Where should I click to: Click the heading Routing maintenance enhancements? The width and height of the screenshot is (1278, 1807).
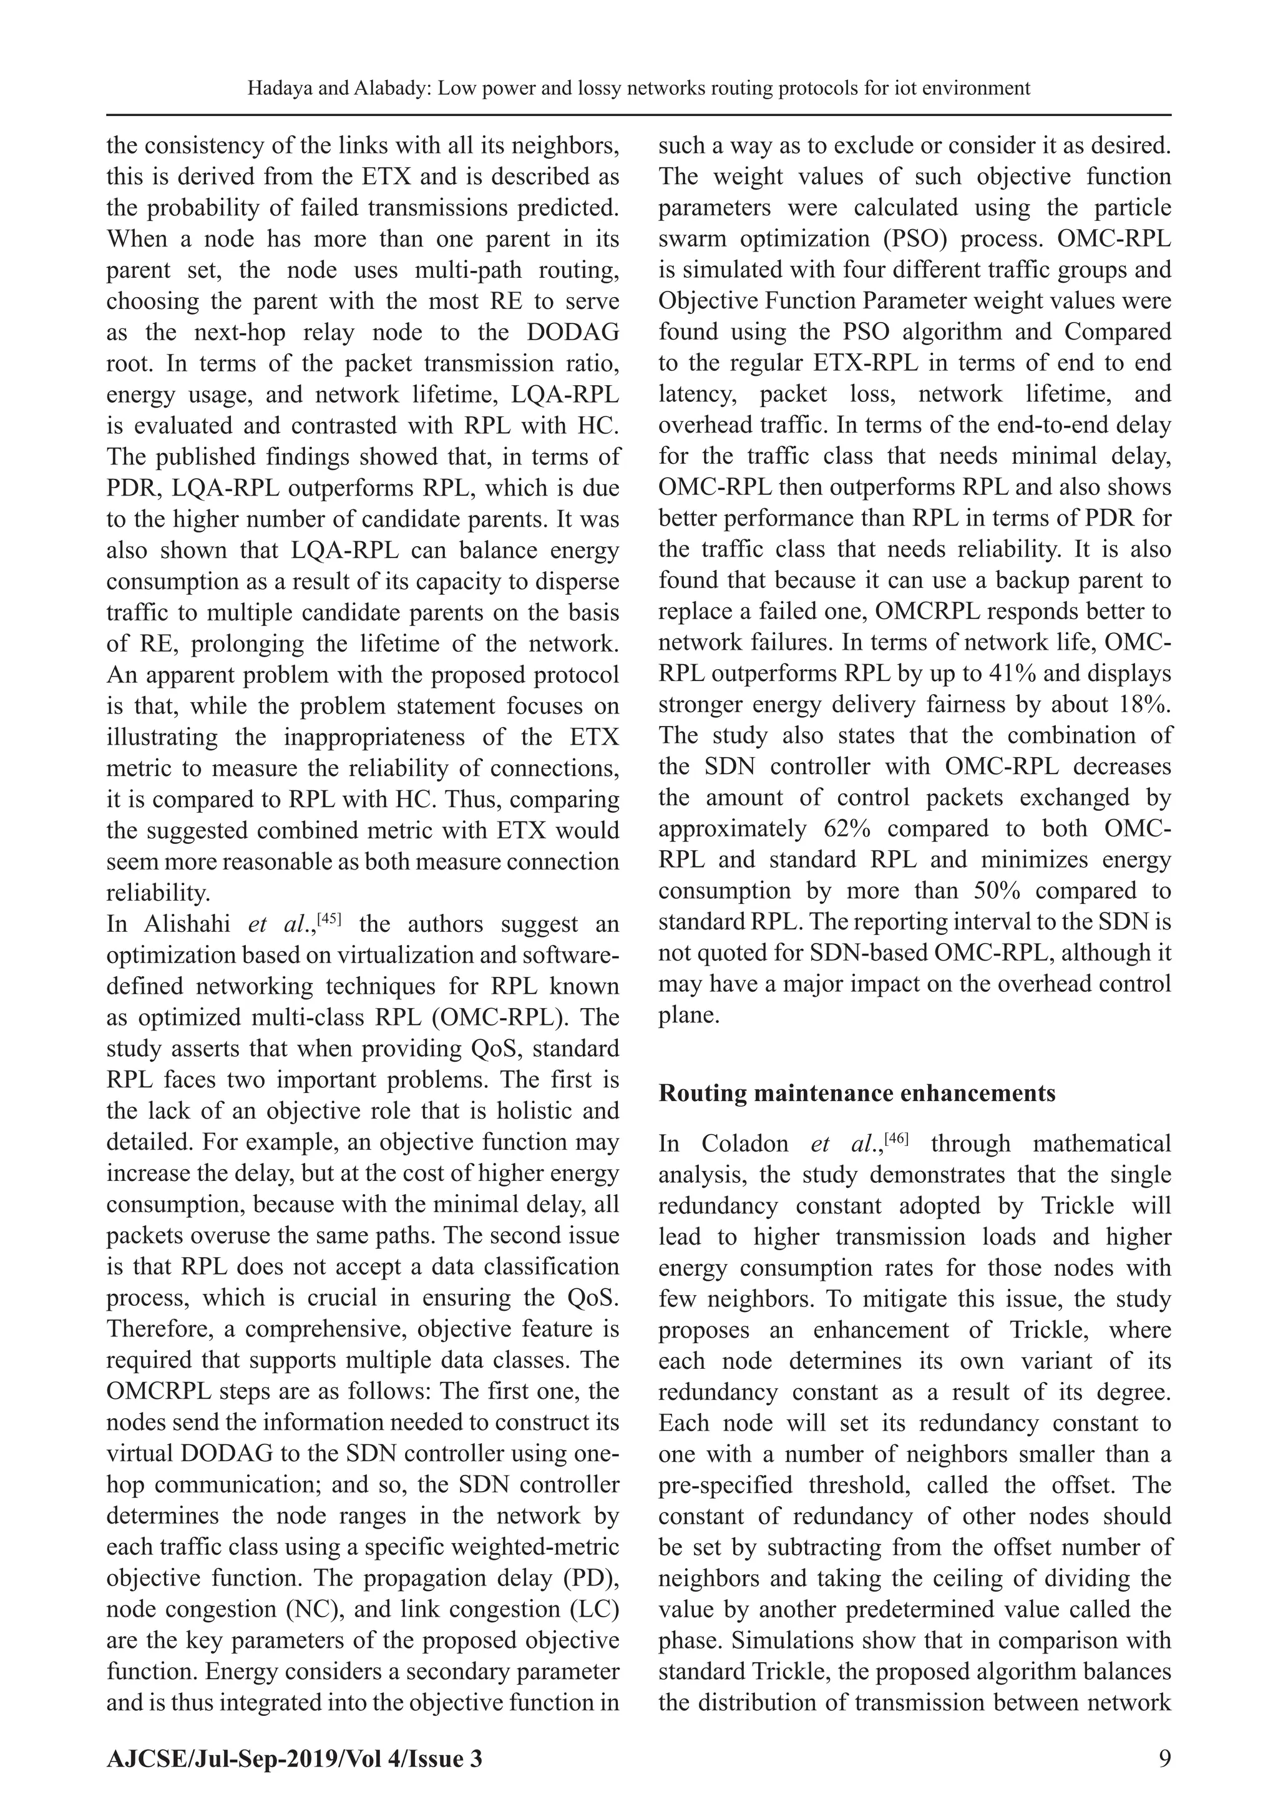(x=856, y=1093)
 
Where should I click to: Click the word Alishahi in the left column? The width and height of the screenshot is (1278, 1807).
(x=186, y=923)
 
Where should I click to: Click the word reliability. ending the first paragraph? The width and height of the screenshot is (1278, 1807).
(x=157, y=893)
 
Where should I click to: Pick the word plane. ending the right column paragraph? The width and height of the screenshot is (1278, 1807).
(x=688, y=1016)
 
